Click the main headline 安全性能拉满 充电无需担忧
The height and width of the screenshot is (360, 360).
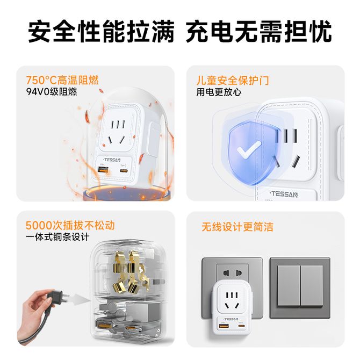[x=180, y=31]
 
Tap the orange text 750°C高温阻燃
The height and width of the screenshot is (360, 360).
[x=62, y=80]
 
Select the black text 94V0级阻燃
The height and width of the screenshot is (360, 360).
[x=52, y=91]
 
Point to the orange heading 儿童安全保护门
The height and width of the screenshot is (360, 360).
[x=232, y=81]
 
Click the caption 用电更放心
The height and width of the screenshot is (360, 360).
[x=219, y=92]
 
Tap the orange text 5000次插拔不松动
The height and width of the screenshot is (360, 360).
[x=70, y=225]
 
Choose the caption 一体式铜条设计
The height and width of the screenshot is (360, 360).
[x=57, y=237]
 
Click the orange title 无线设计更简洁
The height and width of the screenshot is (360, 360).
[x=237, y=227]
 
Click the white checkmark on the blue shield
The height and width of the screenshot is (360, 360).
[x=249, y=149]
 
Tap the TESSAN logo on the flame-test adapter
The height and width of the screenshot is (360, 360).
[x=112, y=160]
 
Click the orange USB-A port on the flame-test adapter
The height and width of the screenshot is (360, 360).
[x=103, y=170]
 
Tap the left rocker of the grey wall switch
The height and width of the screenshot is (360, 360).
[x=289, y=286]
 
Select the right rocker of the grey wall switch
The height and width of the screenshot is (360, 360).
[x=312, y=286]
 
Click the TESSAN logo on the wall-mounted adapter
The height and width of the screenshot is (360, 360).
[x=231, y=319]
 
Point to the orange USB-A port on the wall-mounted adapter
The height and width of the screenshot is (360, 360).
[x=224, y=326]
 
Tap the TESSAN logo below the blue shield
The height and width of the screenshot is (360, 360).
[x=284, y=194]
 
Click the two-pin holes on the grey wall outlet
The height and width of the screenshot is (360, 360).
[x=233, y=273]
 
